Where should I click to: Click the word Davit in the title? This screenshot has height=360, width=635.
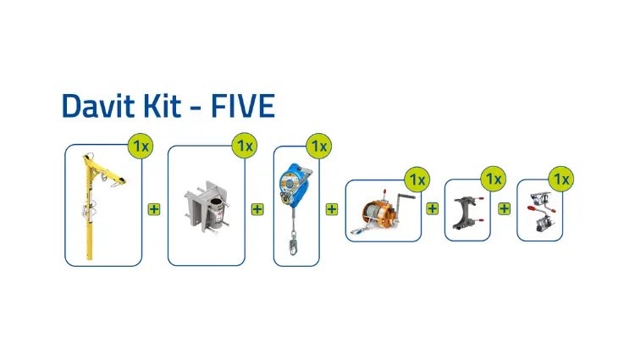(x=98, y=106)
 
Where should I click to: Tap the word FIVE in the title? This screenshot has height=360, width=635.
(x=243, y=106)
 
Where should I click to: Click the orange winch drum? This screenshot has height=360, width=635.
(x=374, y=213)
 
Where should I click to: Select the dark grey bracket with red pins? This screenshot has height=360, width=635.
(x=467, y=213)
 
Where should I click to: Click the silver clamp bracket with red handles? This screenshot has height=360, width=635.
(x=540, y=212)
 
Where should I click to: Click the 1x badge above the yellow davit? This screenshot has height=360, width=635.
(x=141, y=146)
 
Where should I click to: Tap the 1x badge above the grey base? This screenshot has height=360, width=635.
(x=245, y=146)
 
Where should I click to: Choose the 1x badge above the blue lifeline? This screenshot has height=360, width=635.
(x=319, y=147)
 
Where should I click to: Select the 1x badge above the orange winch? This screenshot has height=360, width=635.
(x=417, y=180)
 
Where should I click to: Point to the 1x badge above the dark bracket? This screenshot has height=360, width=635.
(x=494, y=179)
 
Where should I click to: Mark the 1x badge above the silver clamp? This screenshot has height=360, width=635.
(x=561, y=179)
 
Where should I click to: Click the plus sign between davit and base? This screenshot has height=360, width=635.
(x=154, y=209)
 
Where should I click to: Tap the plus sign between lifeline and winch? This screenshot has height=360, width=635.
(x=332, y=209)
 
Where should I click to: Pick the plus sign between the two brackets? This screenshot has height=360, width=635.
(x=505, y=208)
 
